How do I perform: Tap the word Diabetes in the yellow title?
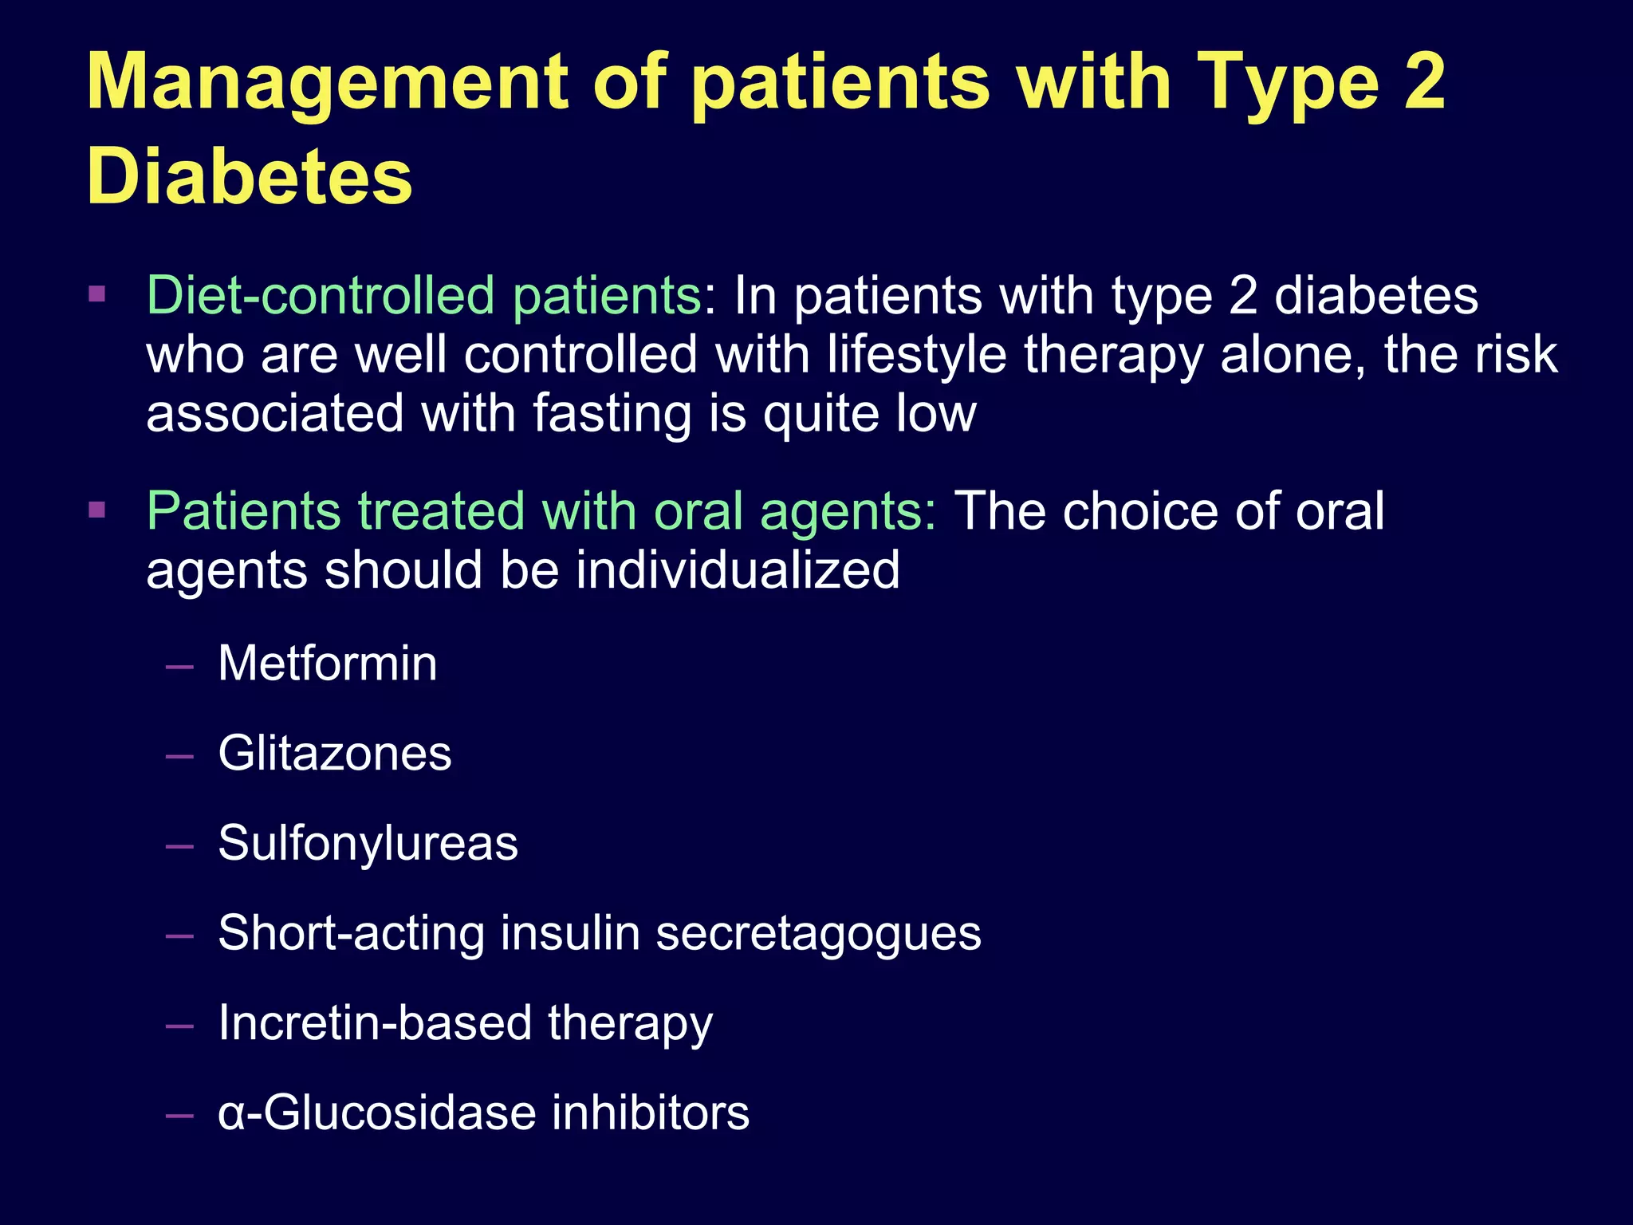[250, 177]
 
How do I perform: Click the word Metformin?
[328, 664]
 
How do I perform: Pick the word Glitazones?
[335, 754]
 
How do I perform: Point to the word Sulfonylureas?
[368, 843]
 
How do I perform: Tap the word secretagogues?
[818, 933]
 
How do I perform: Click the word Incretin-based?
[375, 1023]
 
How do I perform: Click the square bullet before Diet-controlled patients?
[97, 294]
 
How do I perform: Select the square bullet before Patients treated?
[97, 510]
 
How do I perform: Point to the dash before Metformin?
[179, 666]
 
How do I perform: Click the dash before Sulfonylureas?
[179, 845]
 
